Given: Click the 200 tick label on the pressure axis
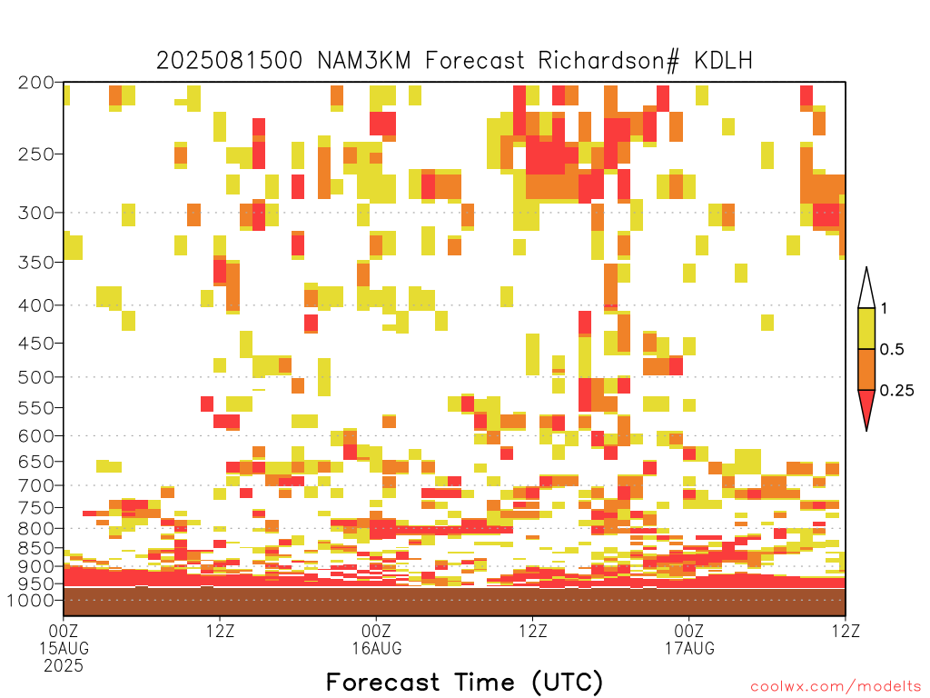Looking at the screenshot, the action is point(36,83).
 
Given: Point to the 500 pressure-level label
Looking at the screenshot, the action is point(36,377).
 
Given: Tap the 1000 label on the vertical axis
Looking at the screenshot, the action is point(31,601).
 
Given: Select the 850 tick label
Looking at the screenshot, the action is point(36,548).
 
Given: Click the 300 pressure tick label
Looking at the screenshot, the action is point(36,213).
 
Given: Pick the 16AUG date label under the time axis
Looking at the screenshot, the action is point(377,648).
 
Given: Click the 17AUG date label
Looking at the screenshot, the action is point(689,648).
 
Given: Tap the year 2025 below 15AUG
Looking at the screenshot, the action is point(64,666).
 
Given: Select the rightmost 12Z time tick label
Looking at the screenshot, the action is point(846,631).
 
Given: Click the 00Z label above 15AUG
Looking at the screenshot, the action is point(64,631).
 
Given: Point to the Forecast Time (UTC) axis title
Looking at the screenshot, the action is point(464,683).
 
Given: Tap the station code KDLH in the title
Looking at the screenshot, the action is point(723,61).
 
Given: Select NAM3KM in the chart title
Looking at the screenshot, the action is point(363,61).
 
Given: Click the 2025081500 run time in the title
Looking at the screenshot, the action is point(230,61).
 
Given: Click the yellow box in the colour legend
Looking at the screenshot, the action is point(866,328).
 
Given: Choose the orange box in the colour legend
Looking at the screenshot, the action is point(866,369).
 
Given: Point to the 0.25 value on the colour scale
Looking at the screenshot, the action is point(896,391).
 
